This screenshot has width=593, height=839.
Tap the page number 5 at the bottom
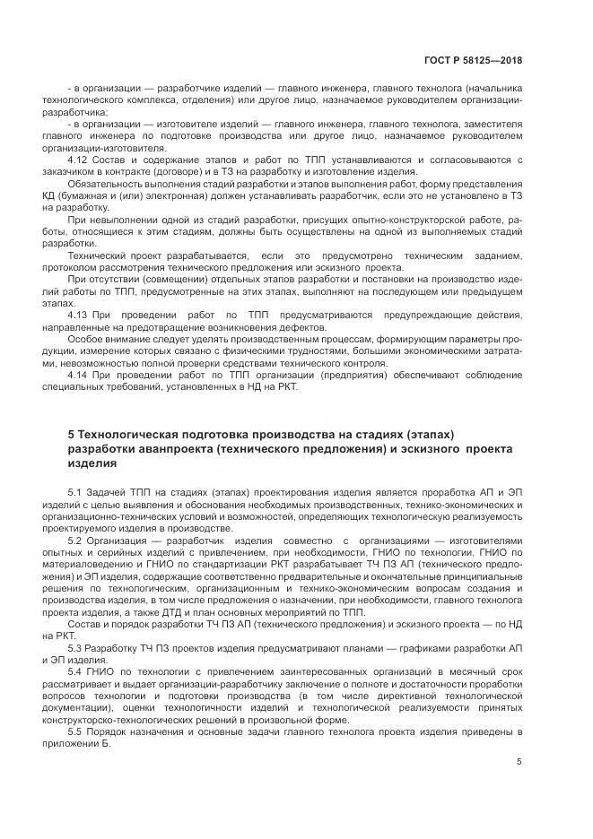(x=519, y=762)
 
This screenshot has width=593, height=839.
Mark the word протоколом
(x=99, y=267)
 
